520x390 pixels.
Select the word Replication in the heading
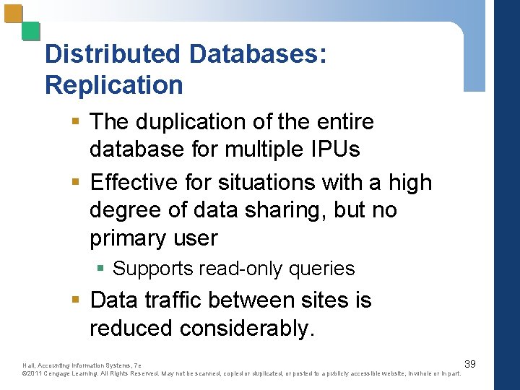pyautogui.click(x=113, y=85)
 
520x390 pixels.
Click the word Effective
pyautogui.click(x=136, y=182)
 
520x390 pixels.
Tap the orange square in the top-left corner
pyautogui.click(x=13, y=14)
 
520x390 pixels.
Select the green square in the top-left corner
pyautogui.click(x=30, y=31)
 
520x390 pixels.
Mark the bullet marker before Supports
pyautogui.click(x=101, y=269)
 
